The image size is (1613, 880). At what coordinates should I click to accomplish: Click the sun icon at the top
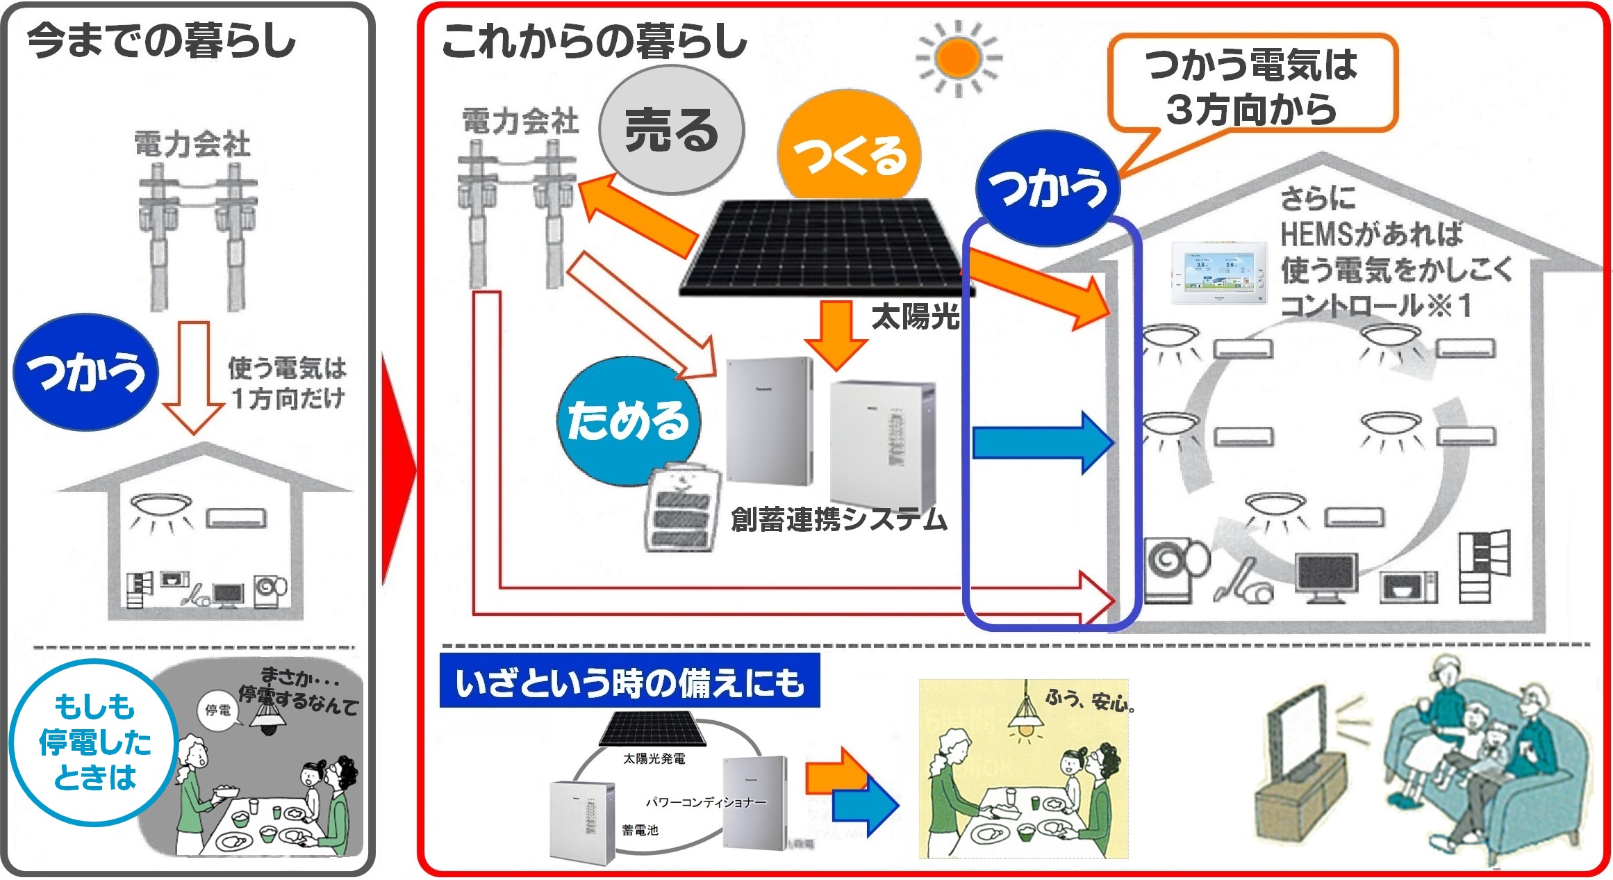click(958, 58)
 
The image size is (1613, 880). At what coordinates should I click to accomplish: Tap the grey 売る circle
click(671, 130)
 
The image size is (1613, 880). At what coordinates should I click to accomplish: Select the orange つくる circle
click(849, 153)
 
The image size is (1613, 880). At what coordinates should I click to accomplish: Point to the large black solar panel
click(820, 247)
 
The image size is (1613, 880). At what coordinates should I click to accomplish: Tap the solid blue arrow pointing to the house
click(1042, 443)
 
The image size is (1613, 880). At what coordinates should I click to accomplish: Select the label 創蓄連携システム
click(838, 519)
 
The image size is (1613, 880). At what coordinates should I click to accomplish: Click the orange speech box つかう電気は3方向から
click(1252, 85)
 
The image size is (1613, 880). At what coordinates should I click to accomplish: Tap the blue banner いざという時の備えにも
click(629, 681)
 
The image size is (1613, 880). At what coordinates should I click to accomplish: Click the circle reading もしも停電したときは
click(94, 742)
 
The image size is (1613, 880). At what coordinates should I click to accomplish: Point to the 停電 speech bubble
click(218, 710)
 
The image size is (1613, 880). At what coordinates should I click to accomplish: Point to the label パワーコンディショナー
click(706, 802)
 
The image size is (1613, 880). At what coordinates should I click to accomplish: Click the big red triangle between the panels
click(398, 470)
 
